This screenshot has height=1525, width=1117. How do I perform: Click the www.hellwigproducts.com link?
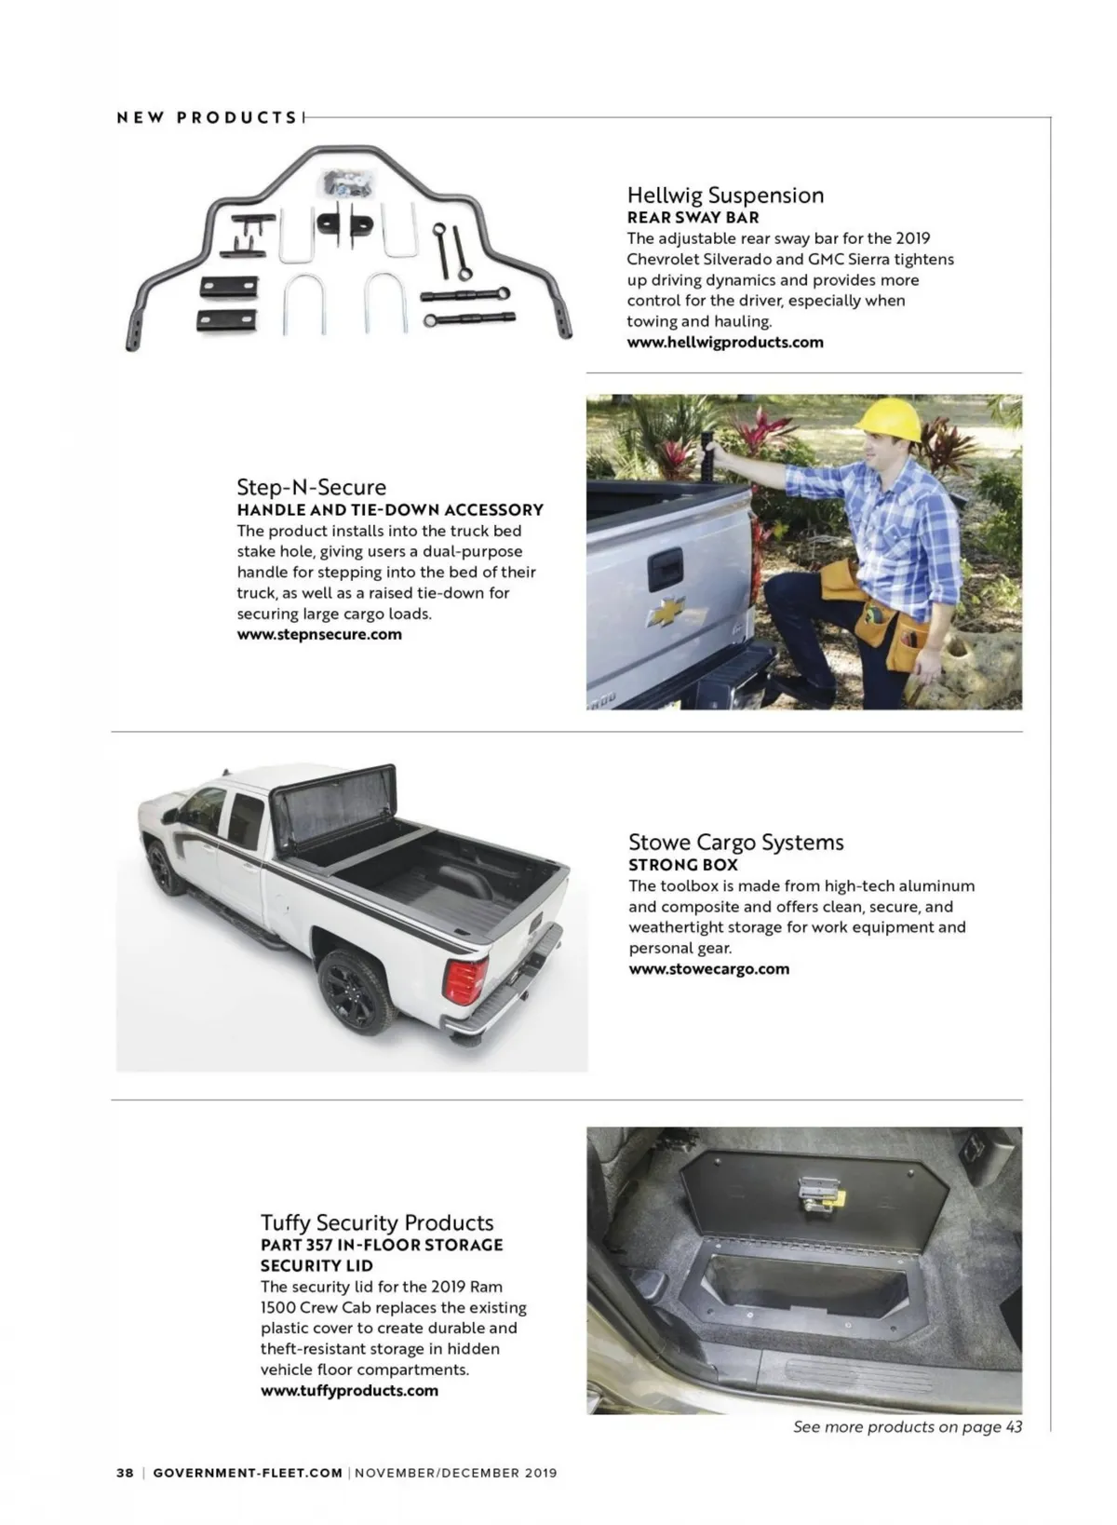[x=725, y=342]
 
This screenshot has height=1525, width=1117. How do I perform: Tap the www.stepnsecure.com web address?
[x=319, y=634]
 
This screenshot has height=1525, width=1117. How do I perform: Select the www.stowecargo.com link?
[x=708, y=968]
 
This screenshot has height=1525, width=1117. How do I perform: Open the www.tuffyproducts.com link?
[x=349, y=1390]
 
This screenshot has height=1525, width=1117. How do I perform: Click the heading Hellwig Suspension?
[x=725, y=195]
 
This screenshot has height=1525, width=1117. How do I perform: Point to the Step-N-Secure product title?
[x=311, y=487]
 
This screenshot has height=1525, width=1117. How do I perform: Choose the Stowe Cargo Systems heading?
[x=735, y=842]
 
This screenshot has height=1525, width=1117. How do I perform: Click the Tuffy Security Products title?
[x=377, y=1221]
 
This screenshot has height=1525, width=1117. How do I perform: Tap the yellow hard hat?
[x=889, y=421]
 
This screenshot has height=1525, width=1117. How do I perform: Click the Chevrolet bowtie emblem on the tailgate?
[x=666, y=610]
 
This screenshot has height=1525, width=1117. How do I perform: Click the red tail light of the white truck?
[x=465, y=979]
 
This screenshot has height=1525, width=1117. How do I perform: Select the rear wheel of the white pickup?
[x=356, y=992]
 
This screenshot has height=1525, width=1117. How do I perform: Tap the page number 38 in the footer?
[x=125, y=1473]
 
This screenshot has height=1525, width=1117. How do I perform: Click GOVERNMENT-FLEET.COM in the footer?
[x=248, y=1473]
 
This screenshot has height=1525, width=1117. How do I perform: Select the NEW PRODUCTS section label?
[x=207, y=117]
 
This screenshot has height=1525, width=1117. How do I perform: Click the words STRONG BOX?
[x=682, y=864]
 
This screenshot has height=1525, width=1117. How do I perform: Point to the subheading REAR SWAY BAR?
[x=693, y=217]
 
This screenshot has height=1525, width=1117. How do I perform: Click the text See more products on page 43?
[x=907, y=1426]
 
